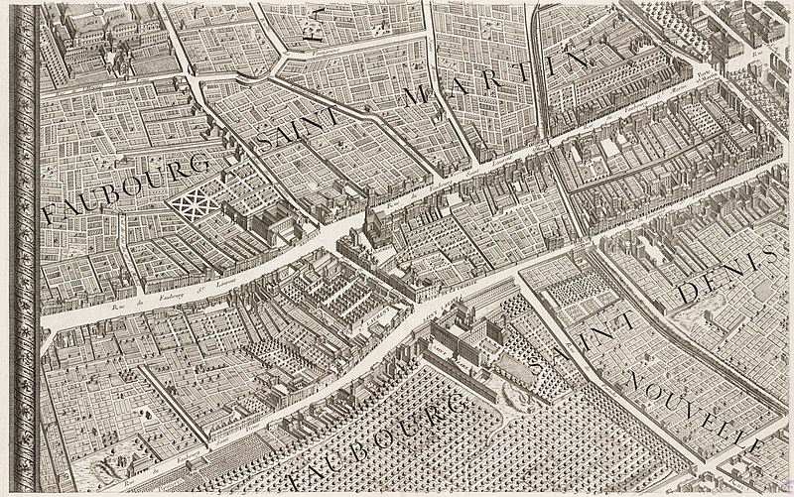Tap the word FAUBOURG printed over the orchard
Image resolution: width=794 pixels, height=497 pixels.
(377, 436)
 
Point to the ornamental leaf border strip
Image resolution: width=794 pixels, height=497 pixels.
(22, 248)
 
